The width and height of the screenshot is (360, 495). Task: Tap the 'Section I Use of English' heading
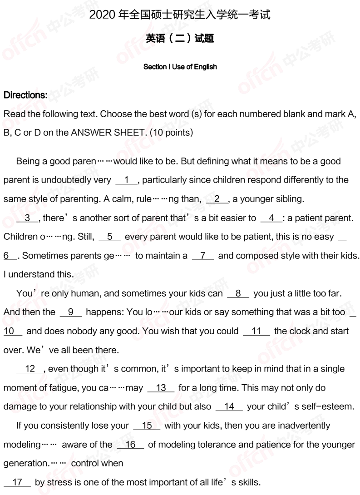180,67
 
